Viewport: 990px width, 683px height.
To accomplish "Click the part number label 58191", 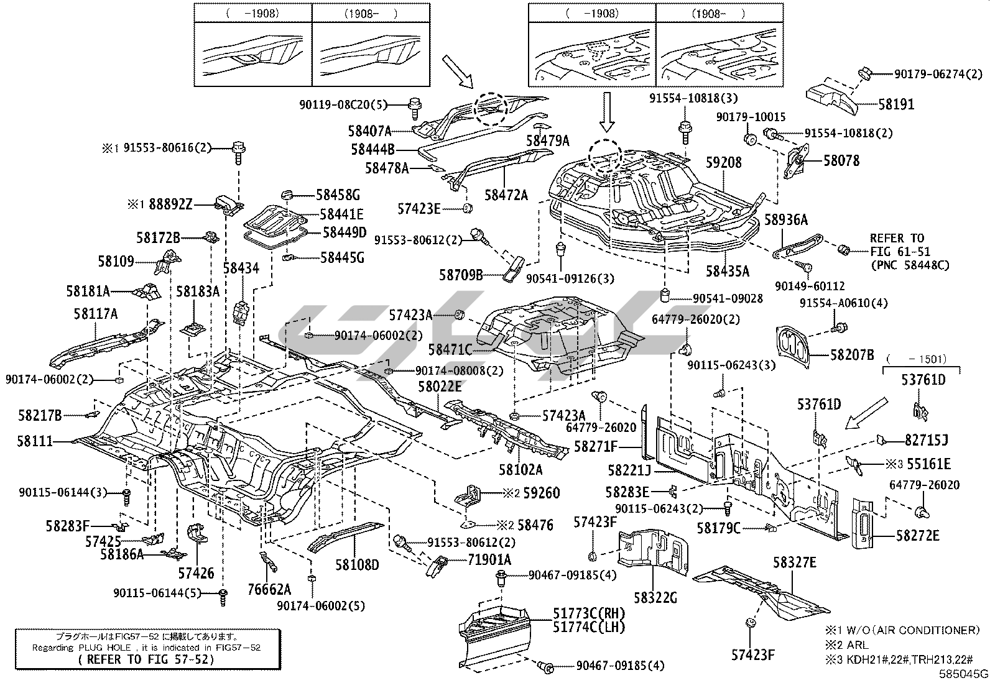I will point(896,104).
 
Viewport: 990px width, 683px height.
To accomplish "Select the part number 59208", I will point(723,162).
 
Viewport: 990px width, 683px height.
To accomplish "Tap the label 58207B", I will point(852,355).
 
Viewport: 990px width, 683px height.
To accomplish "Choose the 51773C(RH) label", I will point(588,613).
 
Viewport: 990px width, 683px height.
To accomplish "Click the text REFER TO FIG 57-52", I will point(146,659).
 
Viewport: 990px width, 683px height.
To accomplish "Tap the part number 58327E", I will point(795,563).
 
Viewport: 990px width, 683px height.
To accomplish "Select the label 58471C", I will point(450,351).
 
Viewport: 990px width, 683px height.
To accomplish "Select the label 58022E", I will point(440,387).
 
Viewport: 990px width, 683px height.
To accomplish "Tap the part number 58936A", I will point(785,219).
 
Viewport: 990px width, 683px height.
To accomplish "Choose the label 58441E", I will point(341,214).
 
